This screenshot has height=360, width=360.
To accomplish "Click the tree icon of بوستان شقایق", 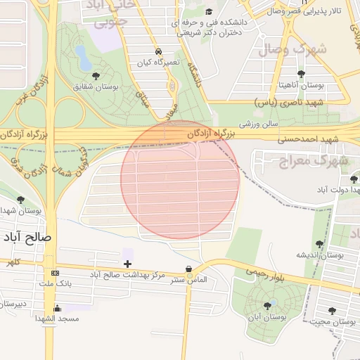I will [x=96, y=75].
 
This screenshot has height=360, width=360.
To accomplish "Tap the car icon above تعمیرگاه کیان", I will [x=160, y=51].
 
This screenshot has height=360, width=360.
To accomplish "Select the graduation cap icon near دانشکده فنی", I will [x=208, y=12].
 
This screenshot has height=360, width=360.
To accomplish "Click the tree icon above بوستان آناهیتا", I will [x=302, y=74].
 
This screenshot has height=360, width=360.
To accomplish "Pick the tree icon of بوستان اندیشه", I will [x=319, y=244].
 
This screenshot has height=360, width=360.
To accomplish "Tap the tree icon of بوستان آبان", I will [x=266, y=305].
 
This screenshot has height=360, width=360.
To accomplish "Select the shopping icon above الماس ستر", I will [x=188, y=269].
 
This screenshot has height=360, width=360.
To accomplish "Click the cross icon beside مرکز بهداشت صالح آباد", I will [x=127, y=264].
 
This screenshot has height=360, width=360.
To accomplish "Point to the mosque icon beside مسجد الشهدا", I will [x=57, y=308].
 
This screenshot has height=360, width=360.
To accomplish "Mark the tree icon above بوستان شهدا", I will [x=20, y=200].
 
